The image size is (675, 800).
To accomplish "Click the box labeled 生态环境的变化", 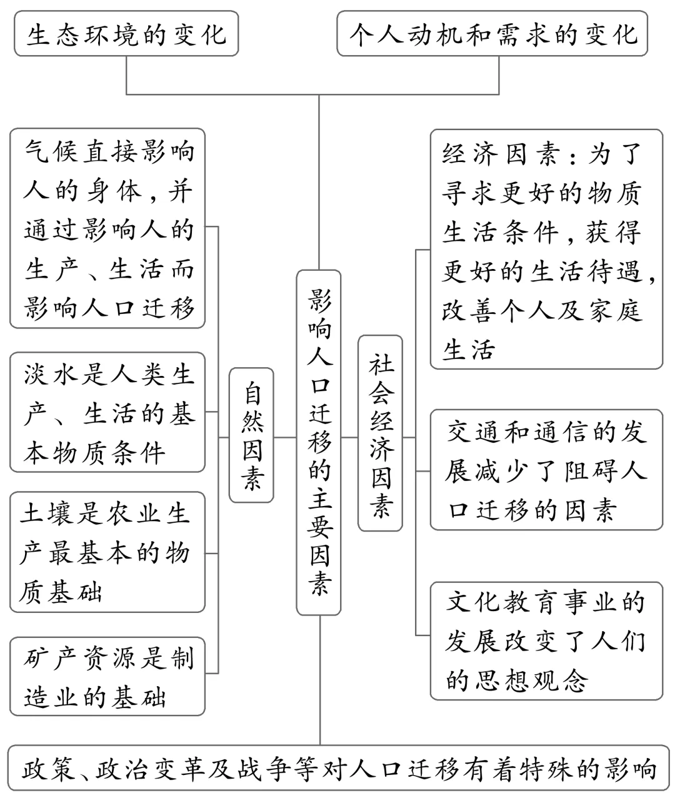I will tap(126, 34).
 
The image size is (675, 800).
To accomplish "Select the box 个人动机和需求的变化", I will tap(492, 34).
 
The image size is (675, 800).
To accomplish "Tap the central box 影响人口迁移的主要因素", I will tap(319, 442).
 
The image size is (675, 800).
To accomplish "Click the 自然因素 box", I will tap(251, 435).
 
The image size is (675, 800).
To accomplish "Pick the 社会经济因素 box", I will tap(380, 433).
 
